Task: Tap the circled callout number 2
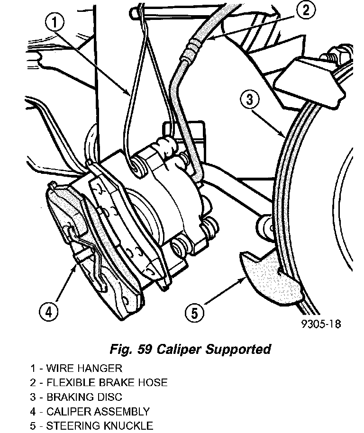coord(306,11)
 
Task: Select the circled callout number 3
coord(250,99)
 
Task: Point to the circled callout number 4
coord(49,312)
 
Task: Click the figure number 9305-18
coord(321,324)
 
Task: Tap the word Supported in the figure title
coord(238,349)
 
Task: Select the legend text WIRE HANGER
coord(84,368)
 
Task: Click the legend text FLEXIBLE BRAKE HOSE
coord(107,382)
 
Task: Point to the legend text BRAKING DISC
coord(84,397)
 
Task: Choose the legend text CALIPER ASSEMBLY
coord(98,412)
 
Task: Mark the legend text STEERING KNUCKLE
coord(100,425)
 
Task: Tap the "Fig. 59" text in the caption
coord(131,349)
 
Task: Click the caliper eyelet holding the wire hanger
coord(137,168)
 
